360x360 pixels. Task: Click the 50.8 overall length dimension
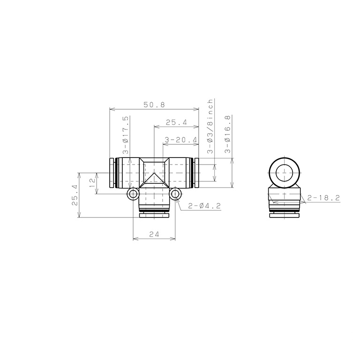154,105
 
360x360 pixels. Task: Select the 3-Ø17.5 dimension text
126,135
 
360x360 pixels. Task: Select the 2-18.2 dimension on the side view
323,198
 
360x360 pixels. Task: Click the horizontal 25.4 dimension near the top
176,122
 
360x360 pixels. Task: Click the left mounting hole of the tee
133,194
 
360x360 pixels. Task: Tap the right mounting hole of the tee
176,194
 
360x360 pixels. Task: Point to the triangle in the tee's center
154,178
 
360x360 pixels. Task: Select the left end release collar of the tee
112,173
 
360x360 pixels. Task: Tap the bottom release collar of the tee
154,215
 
